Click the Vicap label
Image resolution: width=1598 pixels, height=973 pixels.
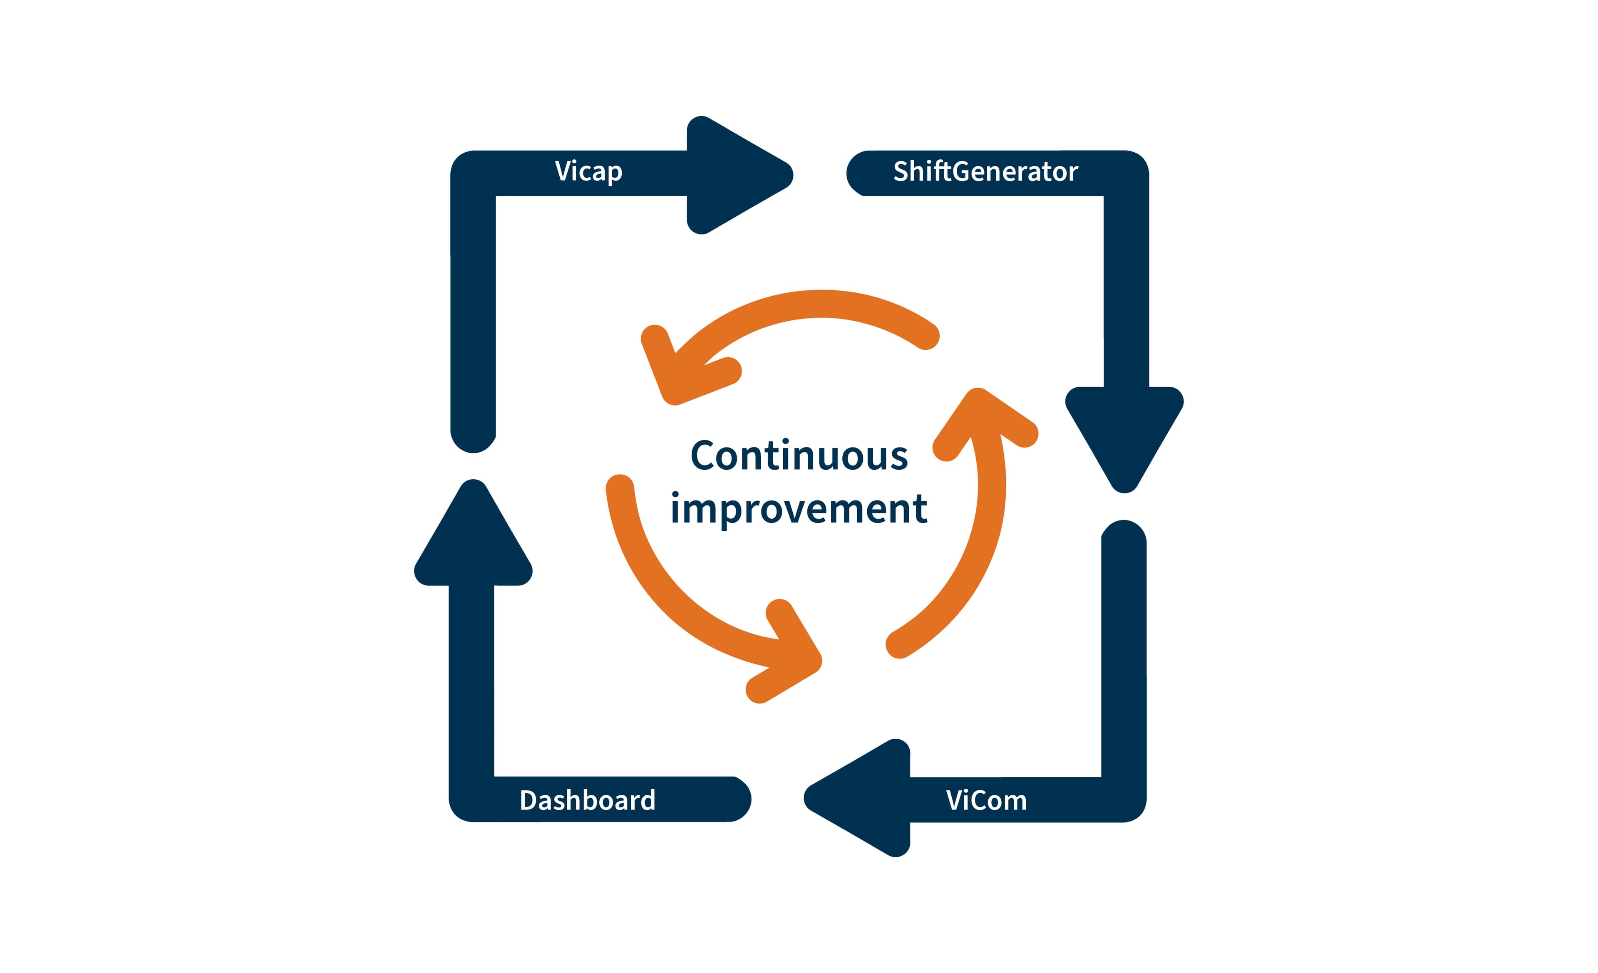click(588, 172)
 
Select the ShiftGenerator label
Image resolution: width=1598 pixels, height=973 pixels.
click(985, 172)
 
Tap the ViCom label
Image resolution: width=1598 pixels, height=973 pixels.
click(986, 800)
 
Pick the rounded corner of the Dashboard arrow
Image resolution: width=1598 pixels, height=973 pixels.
click(471, 800)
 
